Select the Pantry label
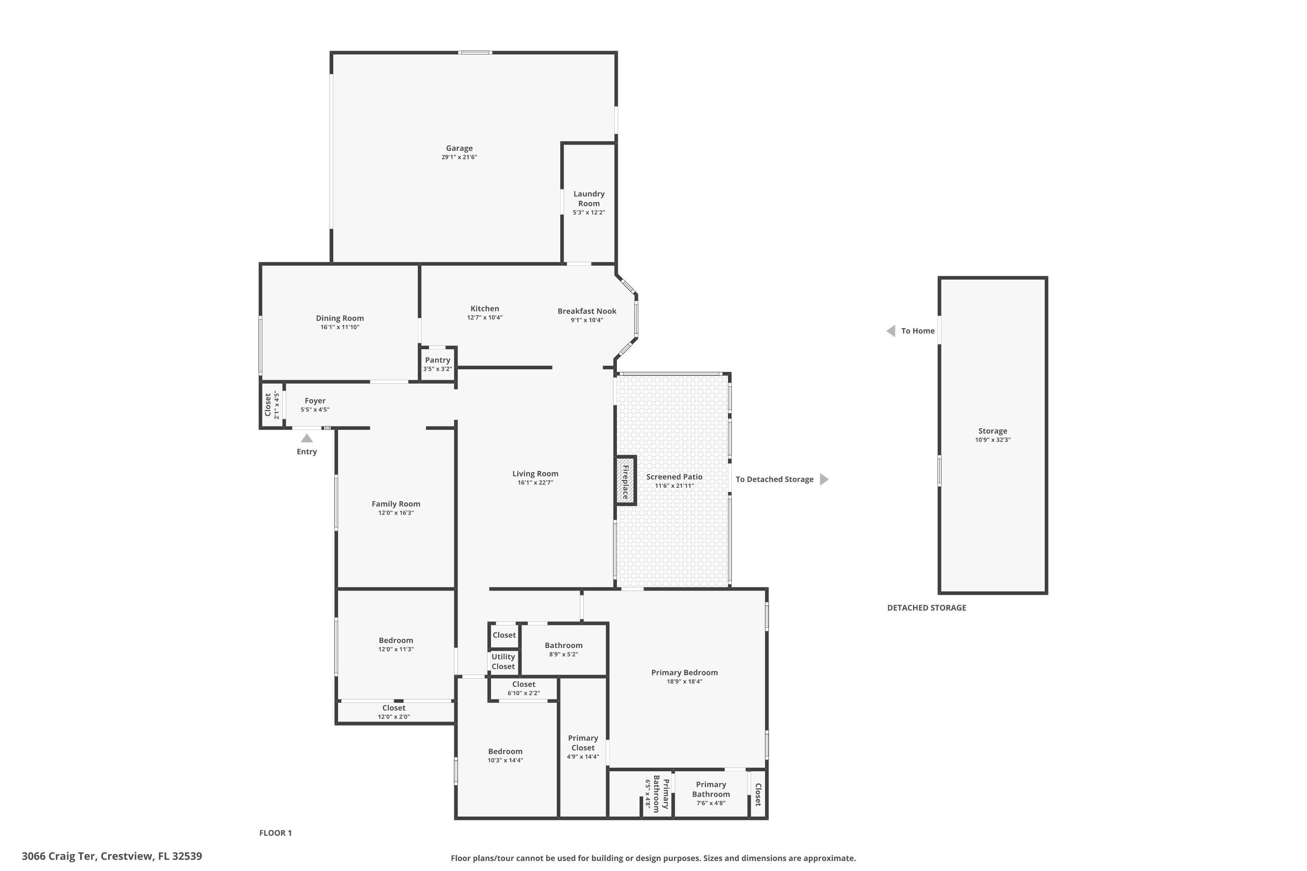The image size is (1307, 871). pyautogui.click(x=437, y=360)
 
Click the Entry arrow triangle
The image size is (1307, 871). pyautogui.click(x=307, y=438)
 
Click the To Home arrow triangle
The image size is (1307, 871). pyautogui.click(x=891, y=331)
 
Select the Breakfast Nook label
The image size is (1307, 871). pyautogui.click(x=587, y=311)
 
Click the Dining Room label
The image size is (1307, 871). pyautogui.click(x=339, y=318)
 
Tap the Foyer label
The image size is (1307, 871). pyautogui.click(x=315, y=401)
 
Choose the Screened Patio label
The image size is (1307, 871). pyautogui.click(x=674, y=476)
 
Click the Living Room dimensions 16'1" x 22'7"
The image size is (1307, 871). pyautogui.click(x=535, y=483)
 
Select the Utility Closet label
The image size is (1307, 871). pyautogui.click(x=503, y=662)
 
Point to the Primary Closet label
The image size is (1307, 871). pyautogui.click(x=583, y=743)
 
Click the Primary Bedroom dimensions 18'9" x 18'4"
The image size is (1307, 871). pyautogui.click(x=684, y=682)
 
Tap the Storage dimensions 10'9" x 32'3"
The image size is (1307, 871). pyautogui.click(x=992, y=440)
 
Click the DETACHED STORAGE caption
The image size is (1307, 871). pyautogui.click(x=926, y=608)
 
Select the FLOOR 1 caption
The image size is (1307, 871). pyautogui.click(x=275, y=833)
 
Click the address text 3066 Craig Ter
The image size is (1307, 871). pyautogui.click(x=58, y=856)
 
